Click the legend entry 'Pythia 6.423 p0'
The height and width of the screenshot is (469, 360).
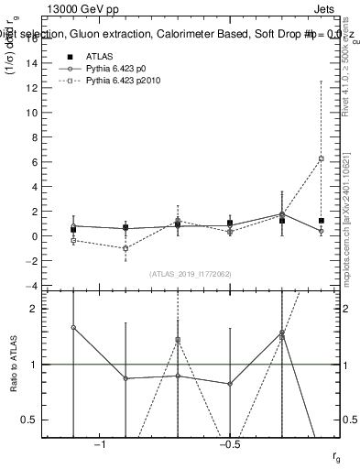point(115,69)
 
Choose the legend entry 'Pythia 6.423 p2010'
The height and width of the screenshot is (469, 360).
point(123,82)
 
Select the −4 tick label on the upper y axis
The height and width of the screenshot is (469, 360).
point(34,286)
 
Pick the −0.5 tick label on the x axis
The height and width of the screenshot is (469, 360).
point(229,446)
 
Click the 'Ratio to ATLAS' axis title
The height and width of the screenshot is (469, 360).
point(14,364)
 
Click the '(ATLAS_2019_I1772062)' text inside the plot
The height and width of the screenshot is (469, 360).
point(191,273)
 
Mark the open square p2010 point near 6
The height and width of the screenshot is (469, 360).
point(321,158)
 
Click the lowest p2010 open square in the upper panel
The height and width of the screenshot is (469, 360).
point(125,248)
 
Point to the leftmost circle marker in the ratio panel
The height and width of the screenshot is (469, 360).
point(73,327)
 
